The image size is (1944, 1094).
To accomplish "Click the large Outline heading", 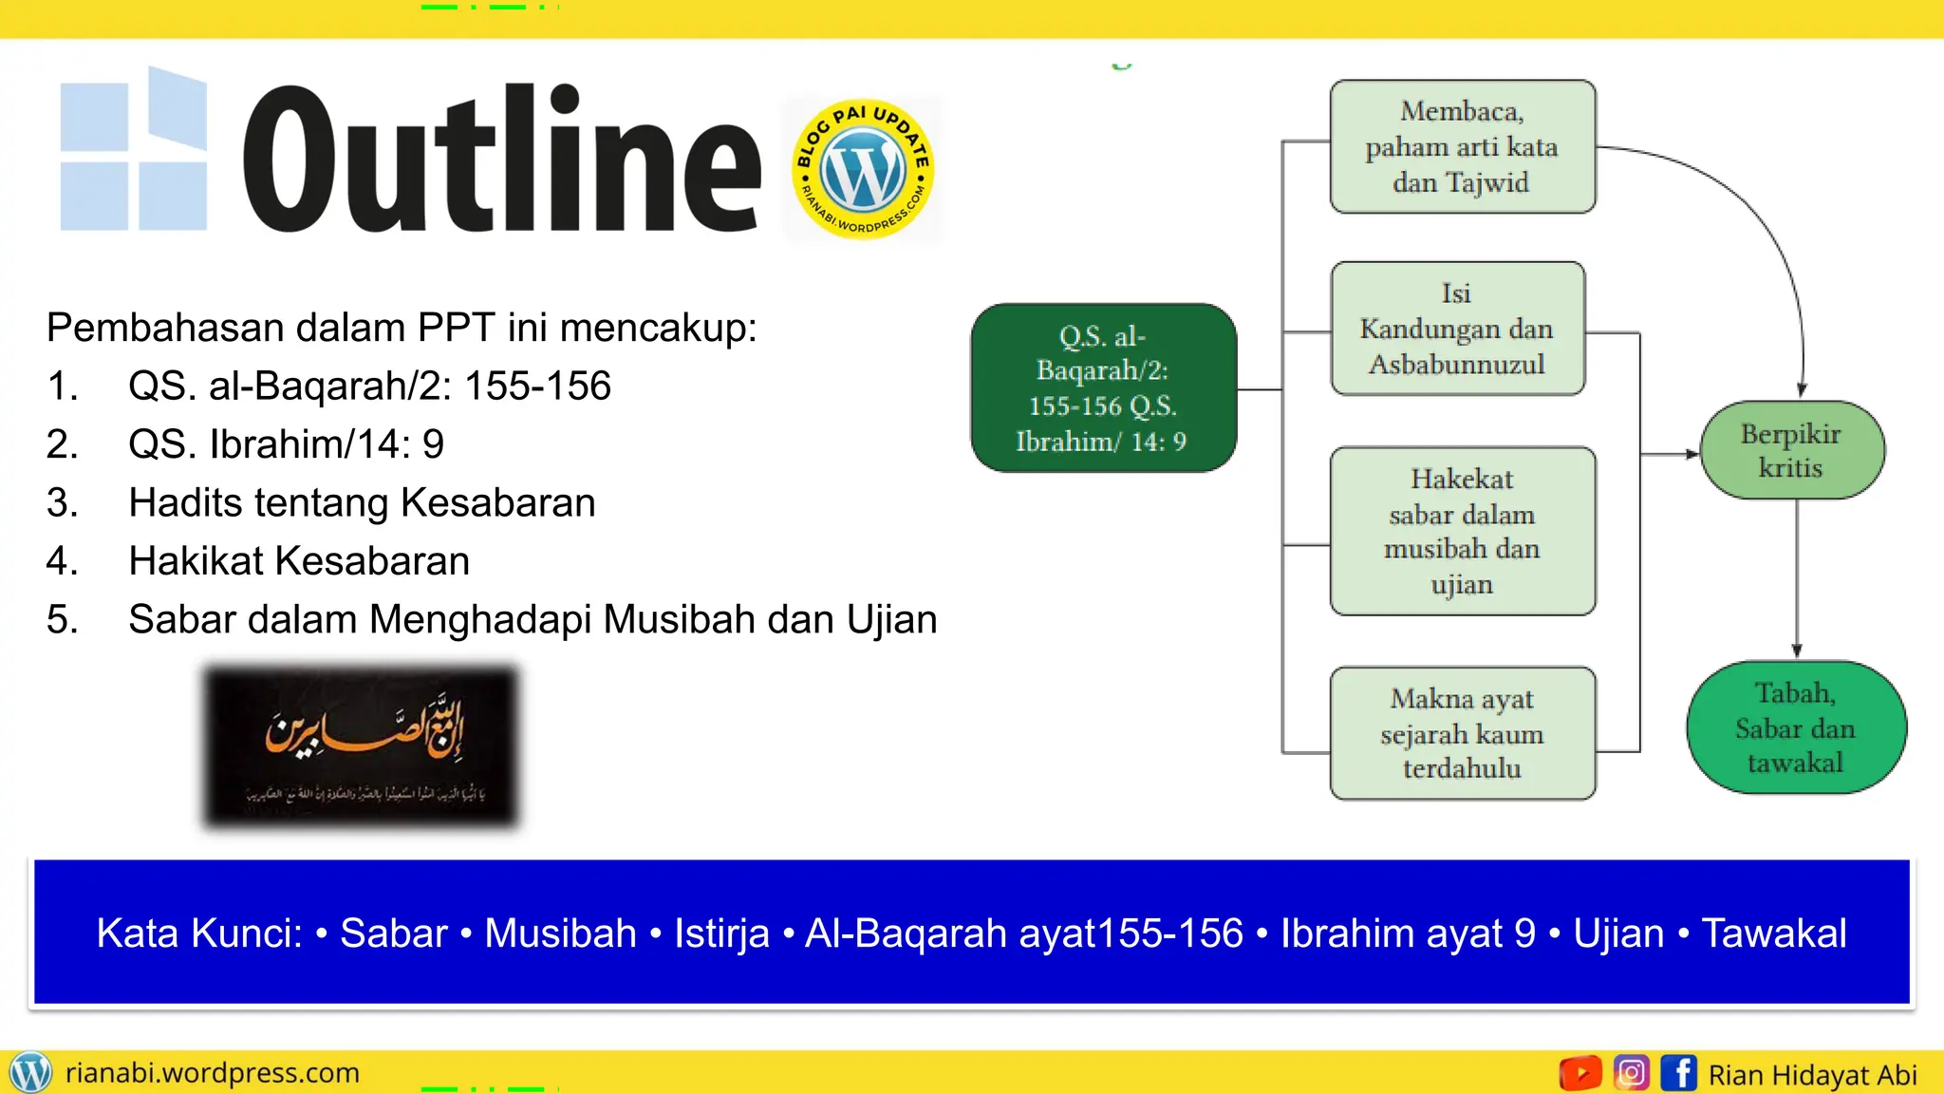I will [x=501, y=160].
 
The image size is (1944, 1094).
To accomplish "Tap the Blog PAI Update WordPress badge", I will [x=863, y=170].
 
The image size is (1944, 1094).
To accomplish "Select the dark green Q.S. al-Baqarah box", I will [x=1103, y=388].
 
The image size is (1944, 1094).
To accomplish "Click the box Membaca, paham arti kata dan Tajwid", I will [x=1462, y=147].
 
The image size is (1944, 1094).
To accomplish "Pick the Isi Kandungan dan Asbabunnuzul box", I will [x=1457, y=329].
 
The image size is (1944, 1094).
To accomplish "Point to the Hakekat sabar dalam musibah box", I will [x=1462, y=532].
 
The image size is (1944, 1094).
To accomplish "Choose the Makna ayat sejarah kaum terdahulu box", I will [x=1462, y=733].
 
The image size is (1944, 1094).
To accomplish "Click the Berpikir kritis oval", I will [x=1791, y=451].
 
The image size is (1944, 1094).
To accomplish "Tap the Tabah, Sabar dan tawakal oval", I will [x=1795, y=728].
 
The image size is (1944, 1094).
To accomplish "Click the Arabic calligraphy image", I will [x=362, y=746].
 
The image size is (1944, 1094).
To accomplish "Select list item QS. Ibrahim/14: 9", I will [x=286, y=444].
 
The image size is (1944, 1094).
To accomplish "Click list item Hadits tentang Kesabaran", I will [x=362, y=503].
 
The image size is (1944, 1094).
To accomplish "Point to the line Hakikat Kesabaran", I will [x=299, y=561].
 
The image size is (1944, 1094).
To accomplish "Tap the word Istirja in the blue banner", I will [x=721, y=934].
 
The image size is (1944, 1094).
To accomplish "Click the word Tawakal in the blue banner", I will [x=1774, y=934].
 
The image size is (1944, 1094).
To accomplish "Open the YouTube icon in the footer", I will [x=1580, y=1073].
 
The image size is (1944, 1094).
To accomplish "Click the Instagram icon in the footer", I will [x=1631, y=1073].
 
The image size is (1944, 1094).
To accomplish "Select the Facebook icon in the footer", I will [x=1678, y=1073].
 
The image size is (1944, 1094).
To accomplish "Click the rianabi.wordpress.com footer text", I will [x=213, y=1073].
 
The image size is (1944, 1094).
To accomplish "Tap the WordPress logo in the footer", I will [x=30, y=1073].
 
